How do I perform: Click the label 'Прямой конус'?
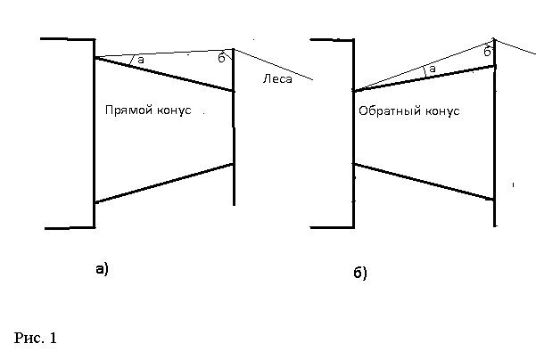[x=148, y=110]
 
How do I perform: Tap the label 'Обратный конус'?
[x=408, y=112]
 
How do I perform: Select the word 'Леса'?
[x=277, y=79]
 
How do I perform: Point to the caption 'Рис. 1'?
[x=36, y=338]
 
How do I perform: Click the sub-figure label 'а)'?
[x=101, y=267]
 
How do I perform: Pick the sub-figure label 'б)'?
[x=359, y=273]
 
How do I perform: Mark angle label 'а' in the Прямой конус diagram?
[x=141, y=60]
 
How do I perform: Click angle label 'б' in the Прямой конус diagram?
[x=221, y=58]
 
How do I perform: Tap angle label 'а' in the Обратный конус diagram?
[x=432, y=69]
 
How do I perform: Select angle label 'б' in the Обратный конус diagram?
[x=487, y=53]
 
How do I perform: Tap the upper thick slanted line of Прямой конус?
[x=163, y=74]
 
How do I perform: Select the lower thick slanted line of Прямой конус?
[x=163, y=184]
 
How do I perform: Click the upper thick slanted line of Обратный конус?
[x=424, y=78]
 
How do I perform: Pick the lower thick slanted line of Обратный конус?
[x=424, y=182]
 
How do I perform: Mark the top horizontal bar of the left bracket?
[x=68, y=39]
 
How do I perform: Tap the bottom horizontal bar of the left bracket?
[x=70, y=228]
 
